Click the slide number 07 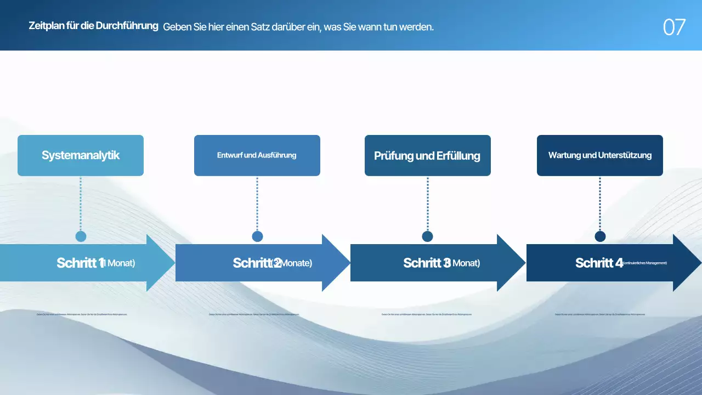click(674, 27)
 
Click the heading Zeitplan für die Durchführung click(93, 26)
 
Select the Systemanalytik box click(81, 155)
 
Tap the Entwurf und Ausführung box click(257, 155)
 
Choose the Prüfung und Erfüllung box click(427, 156)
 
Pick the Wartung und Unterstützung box click(599, 155)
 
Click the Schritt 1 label click(80, 263)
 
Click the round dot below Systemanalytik click(81, 236)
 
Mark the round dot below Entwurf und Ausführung click(257, 236)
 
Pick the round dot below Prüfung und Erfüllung click(427, 236)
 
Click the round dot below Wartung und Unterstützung click(600, 236)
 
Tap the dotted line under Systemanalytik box click(81, 203)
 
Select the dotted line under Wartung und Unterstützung click(600, 203)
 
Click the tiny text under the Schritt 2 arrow click(254, 314)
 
